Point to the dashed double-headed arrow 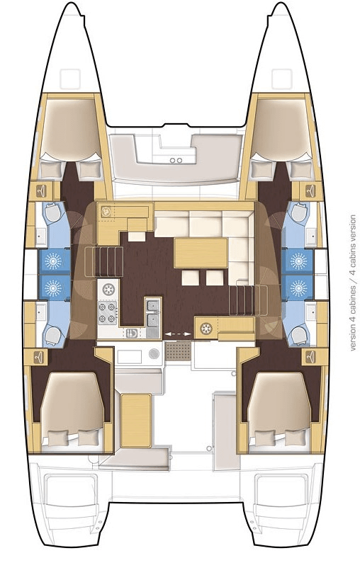click(x=173, y=332)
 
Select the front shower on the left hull click(x=52, y=261)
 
